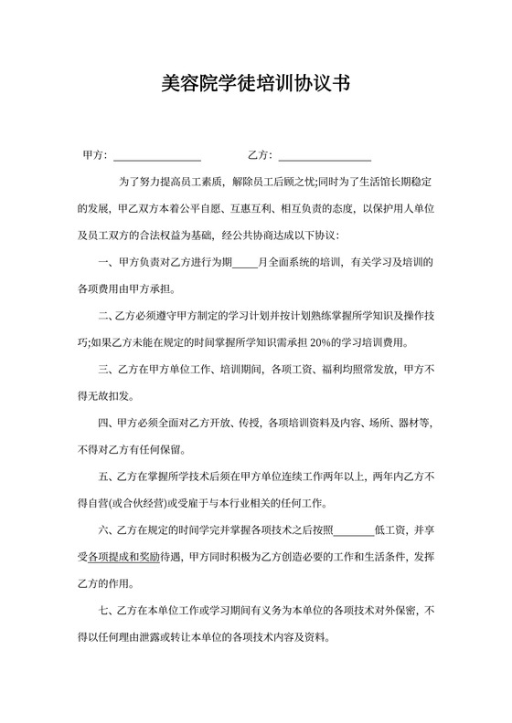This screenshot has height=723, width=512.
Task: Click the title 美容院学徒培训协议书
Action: click(x=255, y=85)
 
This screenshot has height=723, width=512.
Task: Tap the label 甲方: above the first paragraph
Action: click(x=95, y=155)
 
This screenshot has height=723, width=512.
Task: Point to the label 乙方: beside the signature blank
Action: click(x=260, y=155)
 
